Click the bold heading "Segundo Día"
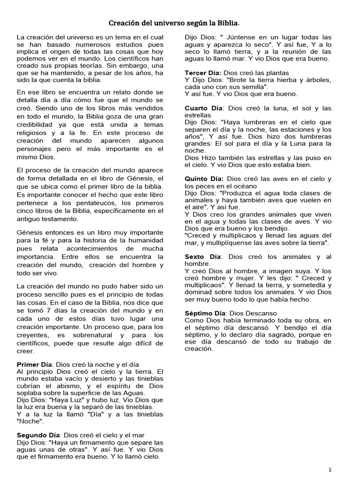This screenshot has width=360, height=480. pos(38,435)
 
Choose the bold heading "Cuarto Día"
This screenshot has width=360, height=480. pos(203,108)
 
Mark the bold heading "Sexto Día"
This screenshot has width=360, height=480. pos(202,257)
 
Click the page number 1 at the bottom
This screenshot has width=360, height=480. pos(330,469)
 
